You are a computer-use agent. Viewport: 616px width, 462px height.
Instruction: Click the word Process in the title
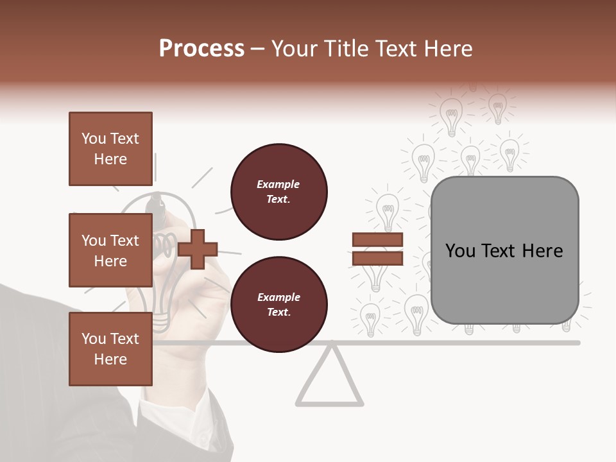pyautogui.click(x=201, y=48)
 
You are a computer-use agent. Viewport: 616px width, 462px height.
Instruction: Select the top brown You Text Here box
pyautogui.click(x=110, y=149)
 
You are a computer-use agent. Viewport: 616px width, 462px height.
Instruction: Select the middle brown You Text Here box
pyautogui.click(x=110, y=250)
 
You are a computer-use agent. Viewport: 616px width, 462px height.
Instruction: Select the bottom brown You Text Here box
pyautogui.click(x=110, y=349)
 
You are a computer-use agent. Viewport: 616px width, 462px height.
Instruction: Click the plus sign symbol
pyautogui.click(x=198, y=249)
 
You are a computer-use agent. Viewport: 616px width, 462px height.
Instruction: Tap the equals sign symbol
pyautogui.click(x=377, y=249)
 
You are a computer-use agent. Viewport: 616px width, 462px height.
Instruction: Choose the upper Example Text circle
pyautogui.click(x=278, y=192)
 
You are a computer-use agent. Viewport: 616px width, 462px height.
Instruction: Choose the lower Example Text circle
pyautogui.click(x=278, y=305)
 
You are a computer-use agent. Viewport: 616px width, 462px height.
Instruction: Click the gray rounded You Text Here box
pyautogui.click(x=504, y=250)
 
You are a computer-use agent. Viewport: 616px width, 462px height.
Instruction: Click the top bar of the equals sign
pyautogui.click(x=377, y=240)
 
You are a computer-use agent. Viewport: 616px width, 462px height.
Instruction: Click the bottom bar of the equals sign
pyautogui.click(x=377, y=258)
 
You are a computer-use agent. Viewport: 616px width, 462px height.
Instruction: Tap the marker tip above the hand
pyautogui.click(x=157, y=204)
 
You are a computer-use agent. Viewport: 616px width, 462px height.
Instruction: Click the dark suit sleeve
pyautogui.click(x=38, y=385)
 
